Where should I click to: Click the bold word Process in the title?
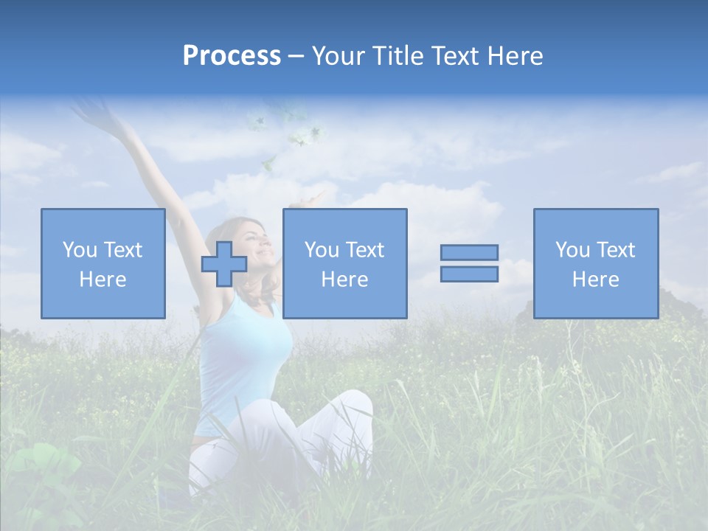(232, 56)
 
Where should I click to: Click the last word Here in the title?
(516, 56)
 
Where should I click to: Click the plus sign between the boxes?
(224, 264)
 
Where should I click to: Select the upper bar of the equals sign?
(469, 252)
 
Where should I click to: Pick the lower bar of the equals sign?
(469, 274)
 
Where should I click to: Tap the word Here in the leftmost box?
(103, 280)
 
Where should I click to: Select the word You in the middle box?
(322, 250)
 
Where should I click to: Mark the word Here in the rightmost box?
(595, 280)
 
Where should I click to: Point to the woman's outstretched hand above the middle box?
(316, 198)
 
